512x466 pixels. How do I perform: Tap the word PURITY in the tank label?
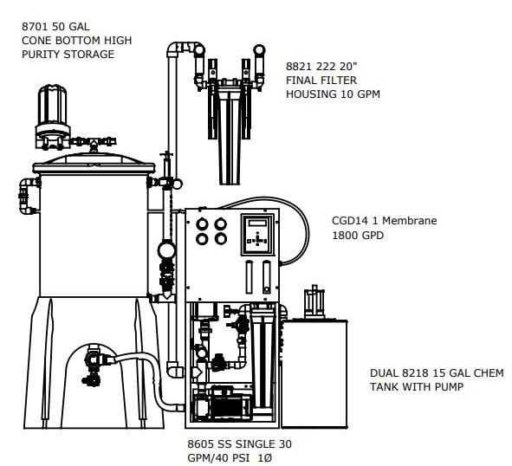point(41,55)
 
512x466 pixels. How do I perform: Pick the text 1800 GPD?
point(358,235)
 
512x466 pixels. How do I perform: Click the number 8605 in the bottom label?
point(200,444)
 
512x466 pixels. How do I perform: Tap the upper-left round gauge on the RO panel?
point(202,224)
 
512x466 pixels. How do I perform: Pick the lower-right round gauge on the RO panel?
point(221,239)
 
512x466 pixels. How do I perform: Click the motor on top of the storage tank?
point(52,107)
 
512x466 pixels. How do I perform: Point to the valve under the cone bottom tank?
point(94,364)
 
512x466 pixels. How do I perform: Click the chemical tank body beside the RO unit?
point(314,373)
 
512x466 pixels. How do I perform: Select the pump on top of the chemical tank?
point(314,301)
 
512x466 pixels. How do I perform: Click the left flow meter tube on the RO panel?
point(250,277)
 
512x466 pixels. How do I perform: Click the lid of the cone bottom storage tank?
point(94,165)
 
